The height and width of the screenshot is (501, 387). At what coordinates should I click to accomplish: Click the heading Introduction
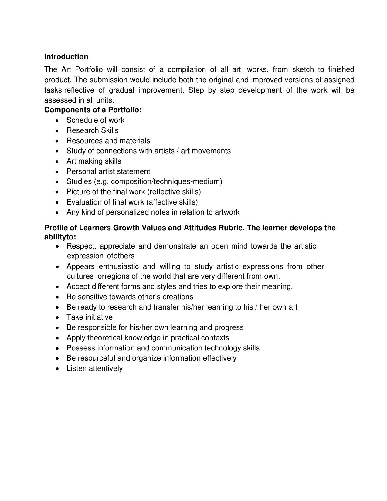(x=66, y=57)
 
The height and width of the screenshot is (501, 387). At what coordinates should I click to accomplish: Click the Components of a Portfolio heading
(x=93, y=110)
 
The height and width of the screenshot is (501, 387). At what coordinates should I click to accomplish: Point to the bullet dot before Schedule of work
(x=58, y=120)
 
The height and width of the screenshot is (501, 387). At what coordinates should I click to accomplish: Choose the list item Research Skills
(x=92, y=130)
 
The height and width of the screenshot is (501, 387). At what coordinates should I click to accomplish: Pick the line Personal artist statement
(x=108, y=171)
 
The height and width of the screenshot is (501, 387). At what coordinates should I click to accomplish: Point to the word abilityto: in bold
(x=60, y=237)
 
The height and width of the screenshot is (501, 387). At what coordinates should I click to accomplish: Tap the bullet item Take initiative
(x=89, y=317)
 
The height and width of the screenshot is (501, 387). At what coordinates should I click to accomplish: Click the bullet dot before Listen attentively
(x=58, y=369)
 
